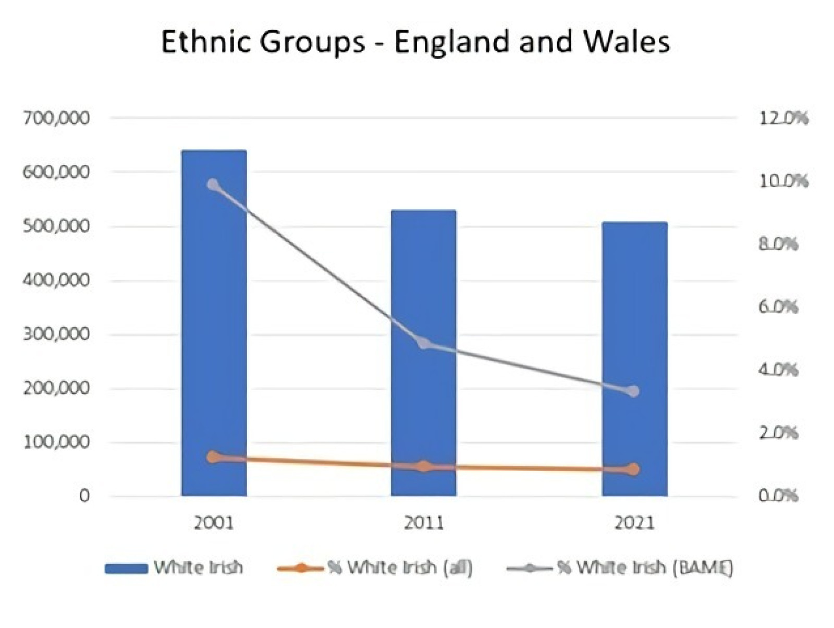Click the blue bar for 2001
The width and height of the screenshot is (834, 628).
(214, 323)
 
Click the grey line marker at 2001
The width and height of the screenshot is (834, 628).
(213, 185)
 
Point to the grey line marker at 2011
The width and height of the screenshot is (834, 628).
(424, 343)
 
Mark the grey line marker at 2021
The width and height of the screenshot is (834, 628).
(634, 391)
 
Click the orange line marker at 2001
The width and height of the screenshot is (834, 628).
(213, 457)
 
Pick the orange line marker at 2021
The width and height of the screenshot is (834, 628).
(634, 469)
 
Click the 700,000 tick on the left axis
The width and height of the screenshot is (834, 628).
(56, 118)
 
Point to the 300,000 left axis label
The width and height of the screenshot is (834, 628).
(56, 334)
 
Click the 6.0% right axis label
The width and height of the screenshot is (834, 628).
(778, 307)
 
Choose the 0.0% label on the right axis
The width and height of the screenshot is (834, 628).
(778, 496)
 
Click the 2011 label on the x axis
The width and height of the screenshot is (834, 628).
(424, 523)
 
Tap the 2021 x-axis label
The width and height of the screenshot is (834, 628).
(634, 523)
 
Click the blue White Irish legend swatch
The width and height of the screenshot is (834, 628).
(126, 568)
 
